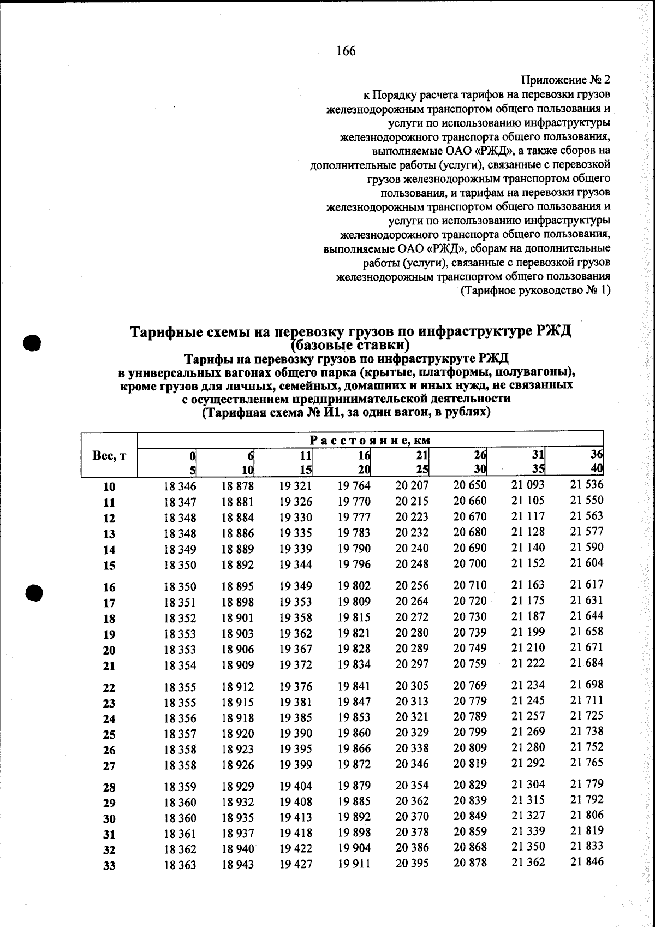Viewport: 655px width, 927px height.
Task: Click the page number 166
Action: [x=346, y=51]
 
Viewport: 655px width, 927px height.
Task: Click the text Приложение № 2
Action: [x=566, y=80]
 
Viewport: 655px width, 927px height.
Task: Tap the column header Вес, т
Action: [x=109, y=456]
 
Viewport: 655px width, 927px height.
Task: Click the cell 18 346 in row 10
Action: [x=180, y=486]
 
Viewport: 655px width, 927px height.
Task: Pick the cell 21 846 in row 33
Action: [x=587, y=862]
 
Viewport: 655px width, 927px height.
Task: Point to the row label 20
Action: [x=109, y=650]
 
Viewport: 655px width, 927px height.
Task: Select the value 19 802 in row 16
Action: [x=354, y=586]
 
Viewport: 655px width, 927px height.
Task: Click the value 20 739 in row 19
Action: [x=470, y=633]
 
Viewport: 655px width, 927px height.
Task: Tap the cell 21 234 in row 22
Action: [x=528, y=685]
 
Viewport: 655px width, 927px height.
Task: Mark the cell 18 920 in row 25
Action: [x=237, y=733]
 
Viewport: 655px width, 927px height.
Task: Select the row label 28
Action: [x=109, y=787]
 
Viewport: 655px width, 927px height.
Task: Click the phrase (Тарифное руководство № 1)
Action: [x=535, y=290]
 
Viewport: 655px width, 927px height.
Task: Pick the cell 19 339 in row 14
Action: [x=295, y=549]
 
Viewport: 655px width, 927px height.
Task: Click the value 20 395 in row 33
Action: [x=412, y=863]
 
